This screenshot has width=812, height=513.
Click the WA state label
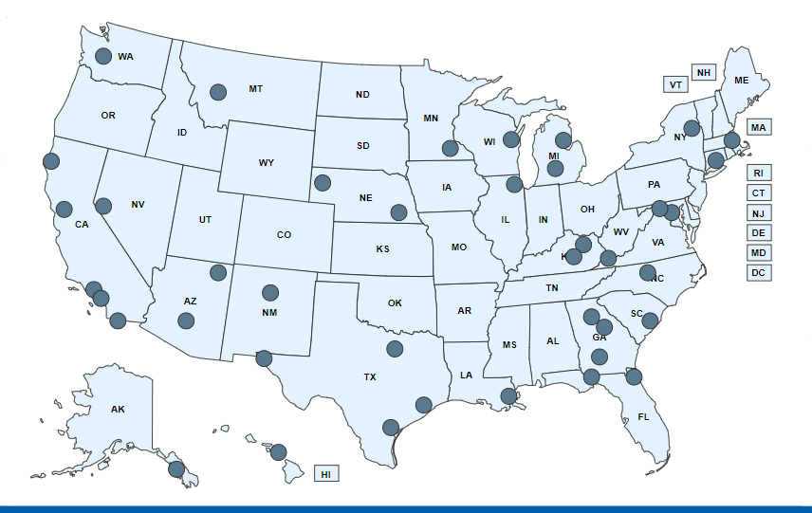[x=126, y=57]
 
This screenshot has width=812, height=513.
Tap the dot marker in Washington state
[x=102, y=56]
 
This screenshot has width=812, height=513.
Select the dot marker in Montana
[x=218, y=92]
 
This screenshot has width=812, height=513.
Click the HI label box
[x=325, y=473]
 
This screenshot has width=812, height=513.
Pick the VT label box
[x=675, y=84]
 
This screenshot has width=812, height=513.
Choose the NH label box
[x=703, y=73]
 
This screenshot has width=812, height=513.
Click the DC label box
[x=758, y=272]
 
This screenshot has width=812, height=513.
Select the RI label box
[x=758, y=173]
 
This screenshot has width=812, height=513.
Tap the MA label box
[x=759, y=126]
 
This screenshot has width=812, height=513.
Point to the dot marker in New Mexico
[x=270, y=292]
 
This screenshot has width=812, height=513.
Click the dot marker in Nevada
[x=104, y=206]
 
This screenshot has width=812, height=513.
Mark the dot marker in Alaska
[x=175, y=468]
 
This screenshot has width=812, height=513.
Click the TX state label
[x=370, y=376]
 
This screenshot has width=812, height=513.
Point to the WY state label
[x=267, y=163]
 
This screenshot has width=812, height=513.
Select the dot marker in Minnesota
[x=451, y=148]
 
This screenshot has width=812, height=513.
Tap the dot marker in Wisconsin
[x=511, y=139]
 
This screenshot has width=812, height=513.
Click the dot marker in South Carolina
[x=650, y=321]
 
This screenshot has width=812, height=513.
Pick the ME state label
[x=742, y=81]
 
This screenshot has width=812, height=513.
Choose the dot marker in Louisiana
[x=508, y=395]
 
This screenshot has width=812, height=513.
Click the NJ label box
[x=758, y=212]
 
